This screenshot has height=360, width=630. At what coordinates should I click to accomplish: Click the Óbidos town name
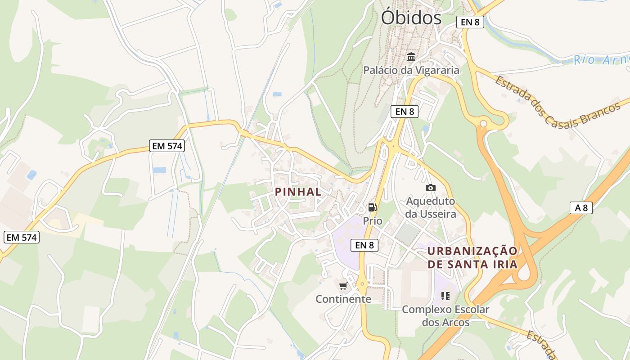411,18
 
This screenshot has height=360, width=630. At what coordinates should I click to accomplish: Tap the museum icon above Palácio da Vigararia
411,57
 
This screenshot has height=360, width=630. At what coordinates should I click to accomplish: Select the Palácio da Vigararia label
411,70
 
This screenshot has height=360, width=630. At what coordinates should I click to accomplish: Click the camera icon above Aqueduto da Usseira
431,188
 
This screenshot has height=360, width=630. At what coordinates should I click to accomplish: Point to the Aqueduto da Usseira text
431,207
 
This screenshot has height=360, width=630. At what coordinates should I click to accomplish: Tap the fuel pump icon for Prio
373,207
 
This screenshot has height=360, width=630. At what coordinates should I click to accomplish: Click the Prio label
373,221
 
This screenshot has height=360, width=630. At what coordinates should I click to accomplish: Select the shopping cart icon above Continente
343,286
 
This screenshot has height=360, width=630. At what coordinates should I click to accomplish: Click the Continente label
343,299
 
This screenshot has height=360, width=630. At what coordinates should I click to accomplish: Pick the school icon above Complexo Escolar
445,296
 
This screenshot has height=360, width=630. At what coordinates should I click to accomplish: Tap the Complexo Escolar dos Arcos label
445,316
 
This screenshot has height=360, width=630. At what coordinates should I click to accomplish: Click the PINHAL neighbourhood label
298,192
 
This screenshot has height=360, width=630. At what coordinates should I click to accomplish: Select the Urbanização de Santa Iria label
472,257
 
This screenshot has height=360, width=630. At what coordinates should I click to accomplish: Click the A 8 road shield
581,208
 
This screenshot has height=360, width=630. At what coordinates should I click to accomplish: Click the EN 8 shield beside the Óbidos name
470,22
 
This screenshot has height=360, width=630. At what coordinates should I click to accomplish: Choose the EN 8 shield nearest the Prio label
364,245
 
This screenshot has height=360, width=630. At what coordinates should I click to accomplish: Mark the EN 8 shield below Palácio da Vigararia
405,112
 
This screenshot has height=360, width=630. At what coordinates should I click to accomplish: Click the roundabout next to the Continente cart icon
362,284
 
